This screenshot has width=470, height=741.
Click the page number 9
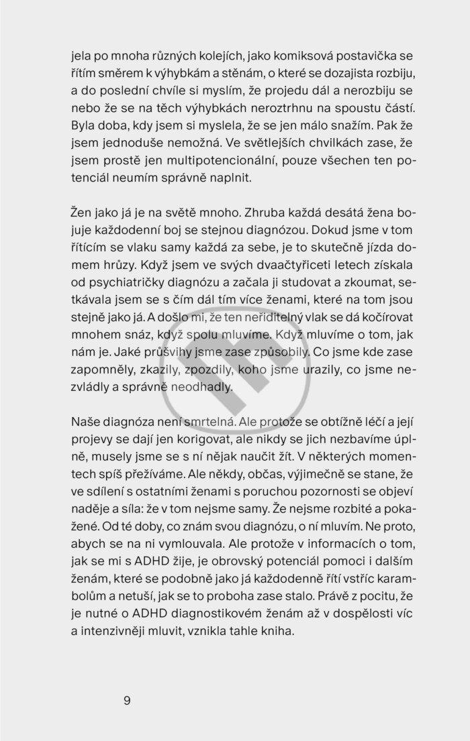point(127,701)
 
